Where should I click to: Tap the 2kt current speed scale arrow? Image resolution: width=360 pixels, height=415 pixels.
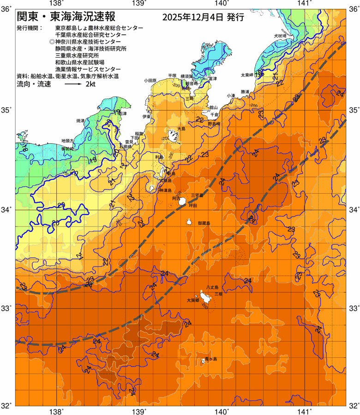tap(73, 85)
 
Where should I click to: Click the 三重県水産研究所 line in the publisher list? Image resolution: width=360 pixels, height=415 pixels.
tap(77, 55)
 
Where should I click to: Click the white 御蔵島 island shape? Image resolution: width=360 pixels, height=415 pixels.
tap(189, 222)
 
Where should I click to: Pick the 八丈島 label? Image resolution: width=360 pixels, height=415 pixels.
tap(213, 287)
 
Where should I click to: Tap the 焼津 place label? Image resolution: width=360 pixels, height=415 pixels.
tap(81, 121)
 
